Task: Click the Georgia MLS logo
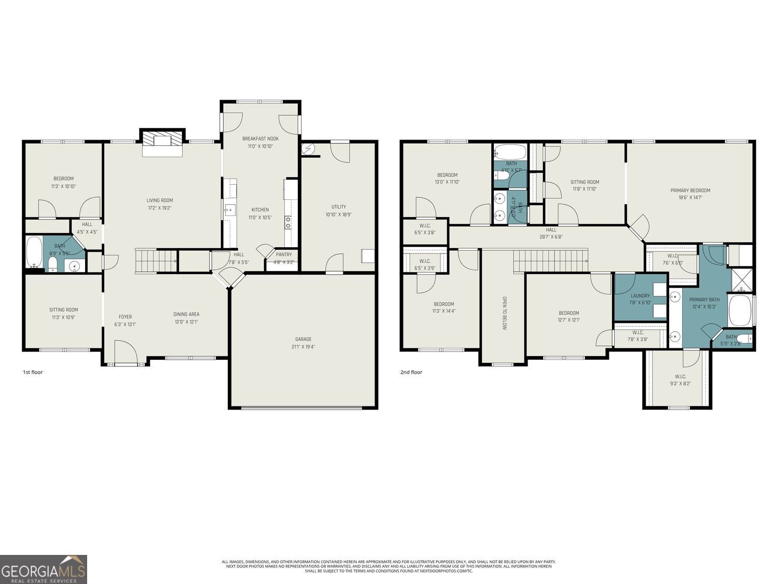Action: point(44,569)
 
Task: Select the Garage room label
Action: point(303,339)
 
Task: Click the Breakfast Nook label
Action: point(260,139)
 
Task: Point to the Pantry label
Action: point(284,254)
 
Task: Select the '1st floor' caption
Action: point(33,372)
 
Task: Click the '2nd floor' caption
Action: point(411,372)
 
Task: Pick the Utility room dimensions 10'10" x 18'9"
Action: point(339,214)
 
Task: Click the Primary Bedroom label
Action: point(690,191)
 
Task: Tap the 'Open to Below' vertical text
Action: point(504,313)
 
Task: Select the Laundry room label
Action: point(640,296)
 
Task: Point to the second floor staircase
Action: point(551,260)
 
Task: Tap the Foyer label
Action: point(125,317)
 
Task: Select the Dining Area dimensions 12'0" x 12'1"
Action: point(186,322)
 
